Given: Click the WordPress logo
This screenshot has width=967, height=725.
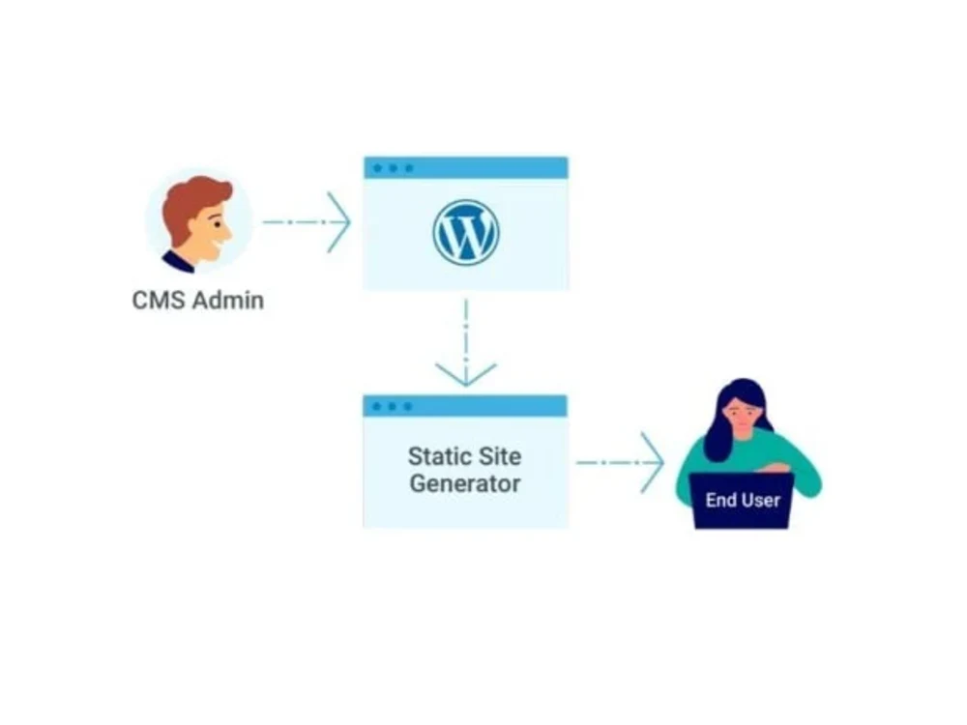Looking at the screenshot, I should pos(465,232).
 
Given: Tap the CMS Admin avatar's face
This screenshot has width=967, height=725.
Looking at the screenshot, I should pos(207,232).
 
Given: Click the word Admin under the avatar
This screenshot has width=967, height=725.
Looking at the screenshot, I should pos(227,300).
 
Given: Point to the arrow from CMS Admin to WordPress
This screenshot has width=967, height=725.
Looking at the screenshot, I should pos(308,222).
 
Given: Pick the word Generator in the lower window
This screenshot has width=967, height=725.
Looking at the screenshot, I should pos(465,482).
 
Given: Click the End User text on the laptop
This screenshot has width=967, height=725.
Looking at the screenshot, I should pos(742,500).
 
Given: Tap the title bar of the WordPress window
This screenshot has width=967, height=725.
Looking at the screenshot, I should pos(483,167).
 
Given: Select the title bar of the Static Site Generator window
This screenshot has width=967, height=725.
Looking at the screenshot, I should pos(483,406).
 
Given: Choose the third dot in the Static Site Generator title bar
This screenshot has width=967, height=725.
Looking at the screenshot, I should pos(408,406).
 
